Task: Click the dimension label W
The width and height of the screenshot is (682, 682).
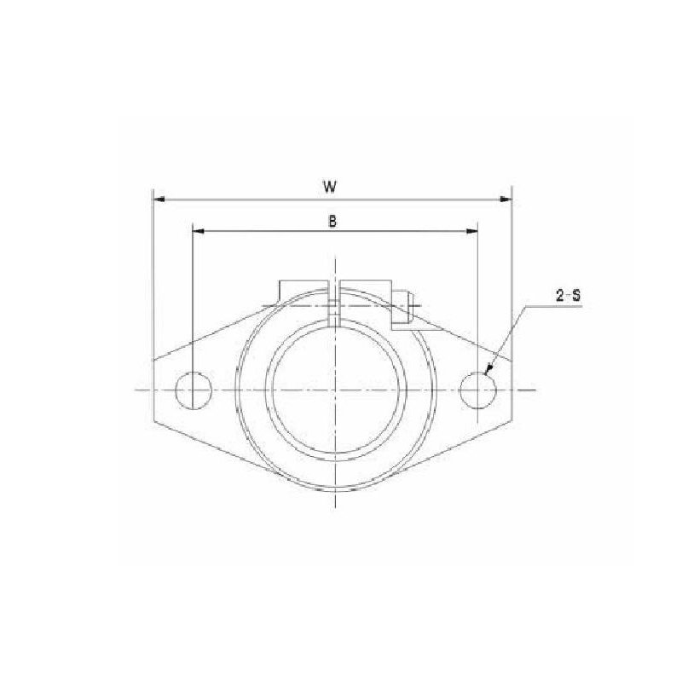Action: coord(332,185)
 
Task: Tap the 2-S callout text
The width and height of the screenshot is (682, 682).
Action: coord(568,296)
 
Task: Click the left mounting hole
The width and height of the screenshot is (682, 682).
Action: coord(193,390)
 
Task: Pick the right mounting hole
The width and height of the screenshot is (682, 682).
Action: coord(477,390)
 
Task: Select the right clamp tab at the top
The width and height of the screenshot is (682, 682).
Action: coord(367,288)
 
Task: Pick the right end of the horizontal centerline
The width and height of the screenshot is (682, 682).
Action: coord(535,390)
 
